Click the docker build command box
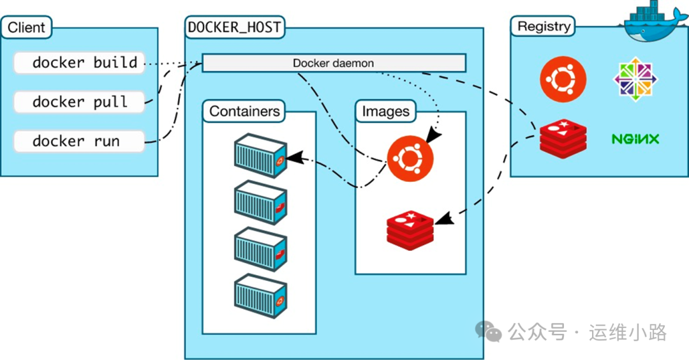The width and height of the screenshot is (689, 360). point(79,63)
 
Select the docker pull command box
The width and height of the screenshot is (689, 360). point(79,102)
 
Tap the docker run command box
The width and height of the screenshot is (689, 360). point(79,141)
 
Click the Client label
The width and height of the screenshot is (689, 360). point(26,27)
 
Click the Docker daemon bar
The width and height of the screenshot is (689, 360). point(334,63)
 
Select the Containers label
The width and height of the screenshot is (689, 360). point(244,111)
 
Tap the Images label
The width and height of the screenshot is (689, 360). point(385,111)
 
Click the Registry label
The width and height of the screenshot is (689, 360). point(543,27)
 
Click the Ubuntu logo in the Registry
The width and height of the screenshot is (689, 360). point(563,79)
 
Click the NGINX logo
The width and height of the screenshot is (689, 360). point(635,139)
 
